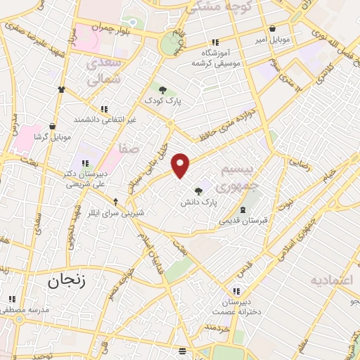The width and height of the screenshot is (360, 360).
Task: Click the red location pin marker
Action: point(181,166)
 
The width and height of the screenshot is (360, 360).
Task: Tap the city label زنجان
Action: point(66,281)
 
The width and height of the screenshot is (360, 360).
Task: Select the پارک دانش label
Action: point(198,202)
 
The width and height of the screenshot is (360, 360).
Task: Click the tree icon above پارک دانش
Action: point(199,190)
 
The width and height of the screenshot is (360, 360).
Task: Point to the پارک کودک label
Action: point(163,101)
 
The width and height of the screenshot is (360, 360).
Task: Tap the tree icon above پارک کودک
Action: point(163,89)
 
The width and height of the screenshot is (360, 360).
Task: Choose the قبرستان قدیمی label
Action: point(243,221)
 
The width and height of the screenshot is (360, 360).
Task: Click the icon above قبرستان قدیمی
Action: point(243,210)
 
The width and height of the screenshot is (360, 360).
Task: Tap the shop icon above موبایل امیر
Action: point(272,30)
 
